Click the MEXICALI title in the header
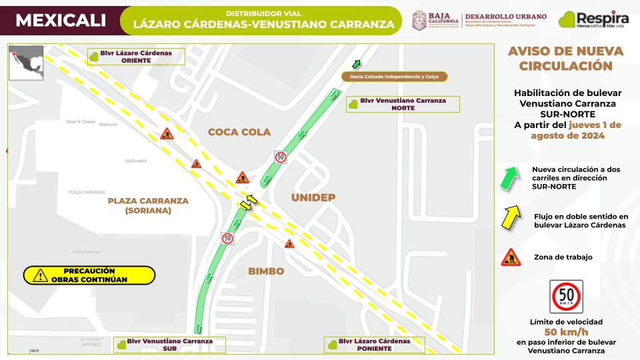pos(61,21)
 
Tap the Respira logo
pos(593,20)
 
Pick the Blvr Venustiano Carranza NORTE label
pos(404,104)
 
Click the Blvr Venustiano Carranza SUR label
pos(169,344)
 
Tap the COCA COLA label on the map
pos(239,132)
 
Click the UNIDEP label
pos(313,198)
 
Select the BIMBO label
pos(266,271)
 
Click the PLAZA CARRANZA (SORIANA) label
pos(147,205)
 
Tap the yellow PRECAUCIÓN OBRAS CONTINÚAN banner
pos(89,275)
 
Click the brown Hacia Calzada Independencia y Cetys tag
pos(394,77)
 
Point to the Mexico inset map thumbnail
pos(26,63)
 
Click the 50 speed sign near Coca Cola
pos(281,157)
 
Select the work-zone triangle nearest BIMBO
pos(289,244)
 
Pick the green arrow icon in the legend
pos(510,179)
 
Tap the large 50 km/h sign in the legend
pos(566,297)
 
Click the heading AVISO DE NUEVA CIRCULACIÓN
pos(565,59)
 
